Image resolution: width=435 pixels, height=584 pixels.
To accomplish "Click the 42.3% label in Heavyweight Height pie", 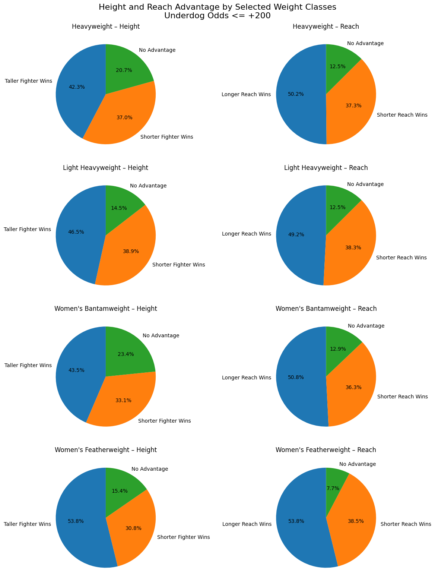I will coord(77,87).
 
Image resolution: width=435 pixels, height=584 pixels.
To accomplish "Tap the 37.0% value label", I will coord(124,117).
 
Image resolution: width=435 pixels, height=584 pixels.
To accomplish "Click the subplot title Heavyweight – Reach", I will coord(326,26).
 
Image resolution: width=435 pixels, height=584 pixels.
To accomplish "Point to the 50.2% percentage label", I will coord(296,94).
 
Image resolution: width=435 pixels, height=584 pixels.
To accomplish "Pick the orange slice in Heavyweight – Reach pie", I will coord(350,108).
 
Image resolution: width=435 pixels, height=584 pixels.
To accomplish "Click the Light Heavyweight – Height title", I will coord(106,168).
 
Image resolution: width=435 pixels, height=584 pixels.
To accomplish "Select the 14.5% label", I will coord(119,208).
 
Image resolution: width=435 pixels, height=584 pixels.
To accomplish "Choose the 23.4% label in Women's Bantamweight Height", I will coord(126,354).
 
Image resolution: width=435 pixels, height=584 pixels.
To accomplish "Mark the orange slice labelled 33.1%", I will coord(123,401).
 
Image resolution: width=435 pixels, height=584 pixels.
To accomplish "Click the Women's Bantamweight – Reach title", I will coord(326,309).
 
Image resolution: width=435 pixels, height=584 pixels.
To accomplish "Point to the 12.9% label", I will coord(338,349).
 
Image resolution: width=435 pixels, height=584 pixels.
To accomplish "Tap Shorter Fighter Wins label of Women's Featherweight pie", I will coord(183,537).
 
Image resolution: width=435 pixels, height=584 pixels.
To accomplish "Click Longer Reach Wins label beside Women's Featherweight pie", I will coord(247,524).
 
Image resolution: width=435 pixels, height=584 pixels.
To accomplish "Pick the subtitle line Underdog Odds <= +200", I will coord(217,16).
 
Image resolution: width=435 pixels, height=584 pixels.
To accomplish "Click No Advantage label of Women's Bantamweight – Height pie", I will coord(161,335).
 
